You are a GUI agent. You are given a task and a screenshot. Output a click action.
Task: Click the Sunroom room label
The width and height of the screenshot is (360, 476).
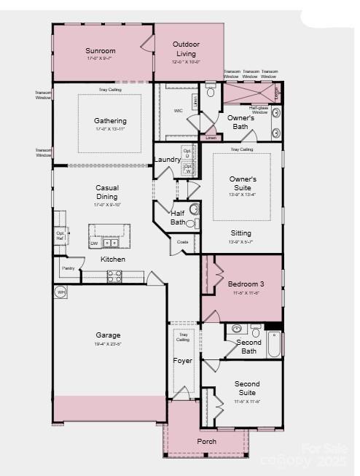(x=101, y=51)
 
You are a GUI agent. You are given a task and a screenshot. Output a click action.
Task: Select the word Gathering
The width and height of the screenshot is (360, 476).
(x=110, y=121)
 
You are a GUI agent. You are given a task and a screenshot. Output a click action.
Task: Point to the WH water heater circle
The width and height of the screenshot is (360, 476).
(x=60, y=292)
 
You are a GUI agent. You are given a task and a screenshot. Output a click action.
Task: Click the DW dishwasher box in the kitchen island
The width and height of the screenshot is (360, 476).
(x=94, y=243)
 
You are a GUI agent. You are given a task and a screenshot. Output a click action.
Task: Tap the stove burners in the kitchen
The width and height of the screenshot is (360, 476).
(x=114, y=276)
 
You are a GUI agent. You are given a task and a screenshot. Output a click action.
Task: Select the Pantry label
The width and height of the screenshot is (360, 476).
(x=68, y=268)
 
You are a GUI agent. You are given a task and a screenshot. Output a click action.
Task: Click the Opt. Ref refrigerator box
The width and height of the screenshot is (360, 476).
(x=60, y=235)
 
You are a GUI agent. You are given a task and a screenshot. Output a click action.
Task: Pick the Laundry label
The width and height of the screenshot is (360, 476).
(x=167, y=160)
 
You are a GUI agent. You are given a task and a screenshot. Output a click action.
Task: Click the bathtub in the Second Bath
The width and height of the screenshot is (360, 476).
(x=273, y=345)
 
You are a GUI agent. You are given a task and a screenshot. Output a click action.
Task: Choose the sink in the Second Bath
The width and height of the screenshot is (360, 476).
(x=237, y=329)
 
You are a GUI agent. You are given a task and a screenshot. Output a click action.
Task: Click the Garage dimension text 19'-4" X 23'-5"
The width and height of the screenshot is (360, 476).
(x=108, y=345)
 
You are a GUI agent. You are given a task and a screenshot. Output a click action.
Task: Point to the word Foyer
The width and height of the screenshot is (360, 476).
(x=182, y=361)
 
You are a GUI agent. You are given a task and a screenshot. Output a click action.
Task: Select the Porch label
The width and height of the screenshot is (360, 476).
(x=206, y=441)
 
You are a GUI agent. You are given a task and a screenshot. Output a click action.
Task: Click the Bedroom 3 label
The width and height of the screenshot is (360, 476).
(x=246, y=284)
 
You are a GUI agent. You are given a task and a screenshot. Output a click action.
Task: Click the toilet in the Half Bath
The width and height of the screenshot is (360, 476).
(x=194, y=208)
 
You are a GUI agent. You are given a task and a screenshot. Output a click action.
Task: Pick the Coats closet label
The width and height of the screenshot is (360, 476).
(x=182, y=242)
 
